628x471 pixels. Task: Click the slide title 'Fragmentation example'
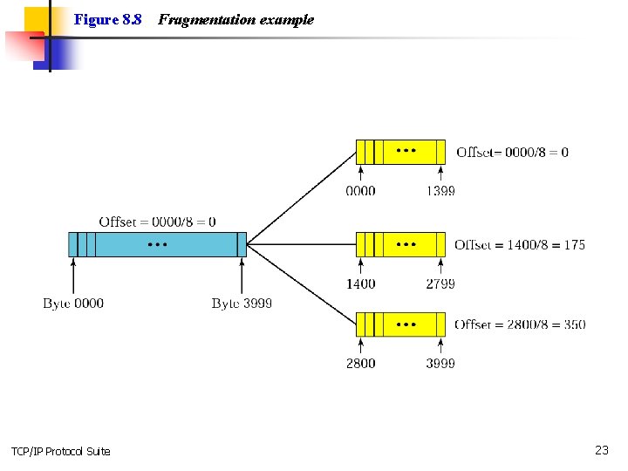click(x=235, y=19)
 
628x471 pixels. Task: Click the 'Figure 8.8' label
click(x=108, y=19)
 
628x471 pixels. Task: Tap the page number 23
click(x=602, y=450)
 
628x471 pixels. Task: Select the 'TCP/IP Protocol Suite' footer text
click(x=61, y=451)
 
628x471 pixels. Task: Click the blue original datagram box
click(x=157, y=244)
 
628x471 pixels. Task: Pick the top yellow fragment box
click(x=401, y=152)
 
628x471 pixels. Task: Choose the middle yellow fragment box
click(x=401, y=244)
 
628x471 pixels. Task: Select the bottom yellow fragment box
click(x=401, y=324)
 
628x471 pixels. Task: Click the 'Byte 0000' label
click(x=73, y=304)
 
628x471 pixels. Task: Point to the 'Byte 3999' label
click(x=242, y=304)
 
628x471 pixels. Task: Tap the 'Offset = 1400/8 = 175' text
click(x=520, y=245)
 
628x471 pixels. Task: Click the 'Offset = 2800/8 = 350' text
click(x=520, y=324)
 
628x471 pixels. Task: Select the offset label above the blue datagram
click(x=157, y=222)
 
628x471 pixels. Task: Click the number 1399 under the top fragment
click(x=440, y=191)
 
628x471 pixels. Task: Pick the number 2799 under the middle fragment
click(x=440, y=283)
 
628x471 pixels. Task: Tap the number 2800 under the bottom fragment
click(x=361, y=363)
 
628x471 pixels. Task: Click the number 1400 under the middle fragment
click(x=361, y=283)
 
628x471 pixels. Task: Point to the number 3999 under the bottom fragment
click(x=440, y=363)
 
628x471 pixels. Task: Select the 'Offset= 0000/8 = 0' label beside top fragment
click(x=512, y=152)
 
